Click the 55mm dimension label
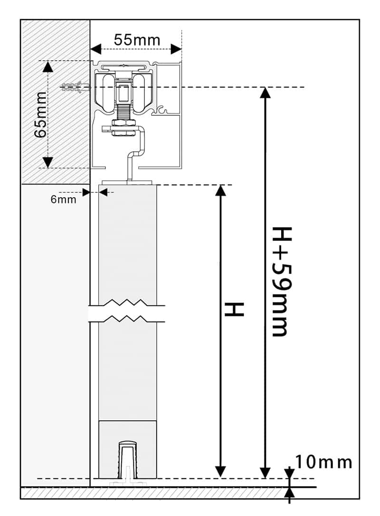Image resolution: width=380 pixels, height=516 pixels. click(137, 40)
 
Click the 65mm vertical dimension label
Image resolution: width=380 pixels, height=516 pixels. click(40, 114)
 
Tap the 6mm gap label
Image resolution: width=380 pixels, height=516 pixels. click(63, 200)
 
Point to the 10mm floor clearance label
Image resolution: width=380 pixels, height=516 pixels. click(324, 461)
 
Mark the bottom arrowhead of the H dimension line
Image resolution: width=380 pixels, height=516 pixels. click(219, 472)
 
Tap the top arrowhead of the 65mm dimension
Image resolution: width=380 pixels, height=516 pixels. click(47, 66)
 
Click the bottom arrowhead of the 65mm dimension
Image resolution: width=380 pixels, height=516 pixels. click(47, 162)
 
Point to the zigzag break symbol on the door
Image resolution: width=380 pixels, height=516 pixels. click(126, 311)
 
